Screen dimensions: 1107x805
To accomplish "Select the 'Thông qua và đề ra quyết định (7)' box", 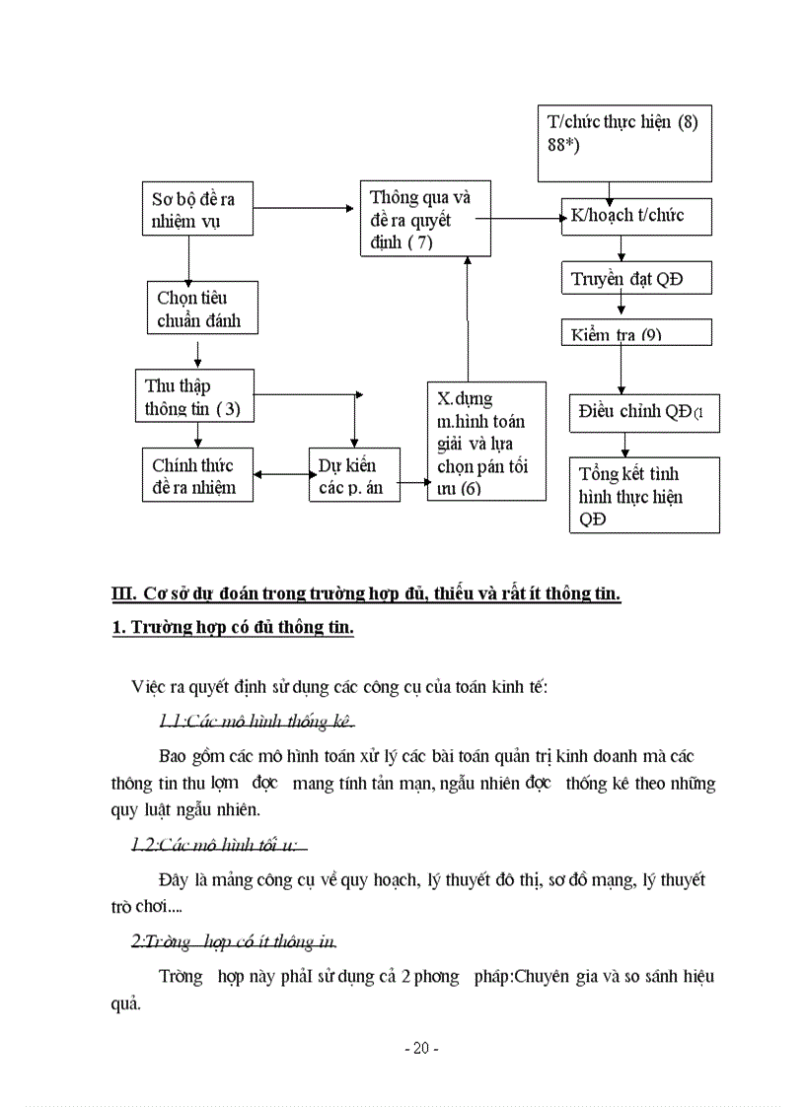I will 424,219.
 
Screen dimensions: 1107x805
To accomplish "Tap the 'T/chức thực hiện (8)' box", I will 623,143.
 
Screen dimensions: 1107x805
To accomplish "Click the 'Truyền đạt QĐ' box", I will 635,279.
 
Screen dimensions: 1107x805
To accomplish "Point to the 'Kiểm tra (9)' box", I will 635,332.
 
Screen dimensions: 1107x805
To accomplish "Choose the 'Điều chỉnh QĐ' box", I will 644,412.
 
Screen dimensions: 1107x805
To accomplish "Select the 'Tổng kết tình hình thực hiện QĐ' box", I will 644,495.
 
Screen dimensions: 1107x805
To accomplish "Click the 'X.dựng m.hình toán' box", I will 486,442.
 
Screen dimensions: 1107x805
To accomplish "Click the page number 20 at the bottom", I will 421,1049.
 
